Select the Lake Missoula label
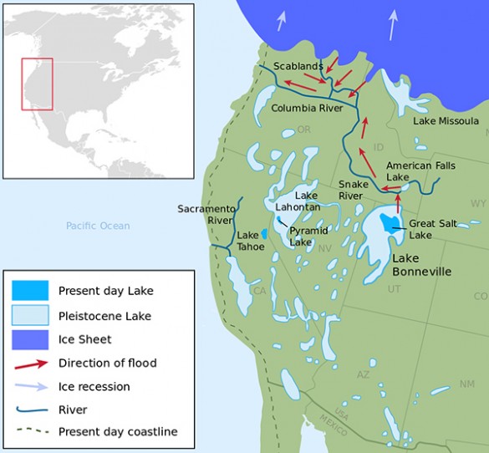coord(446,121)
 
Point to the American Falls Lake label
coord(410,171)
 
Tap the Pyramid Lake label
coord(308,236)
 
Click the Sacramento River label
coord(205,214)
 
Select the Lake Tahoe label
coord(248,242)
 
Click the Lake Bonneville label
coord(422,265)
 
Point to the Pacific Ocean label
coord(99,226)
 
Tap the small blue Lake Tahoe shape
coord(264,235)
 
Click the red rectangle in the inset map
coord(37,84)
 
